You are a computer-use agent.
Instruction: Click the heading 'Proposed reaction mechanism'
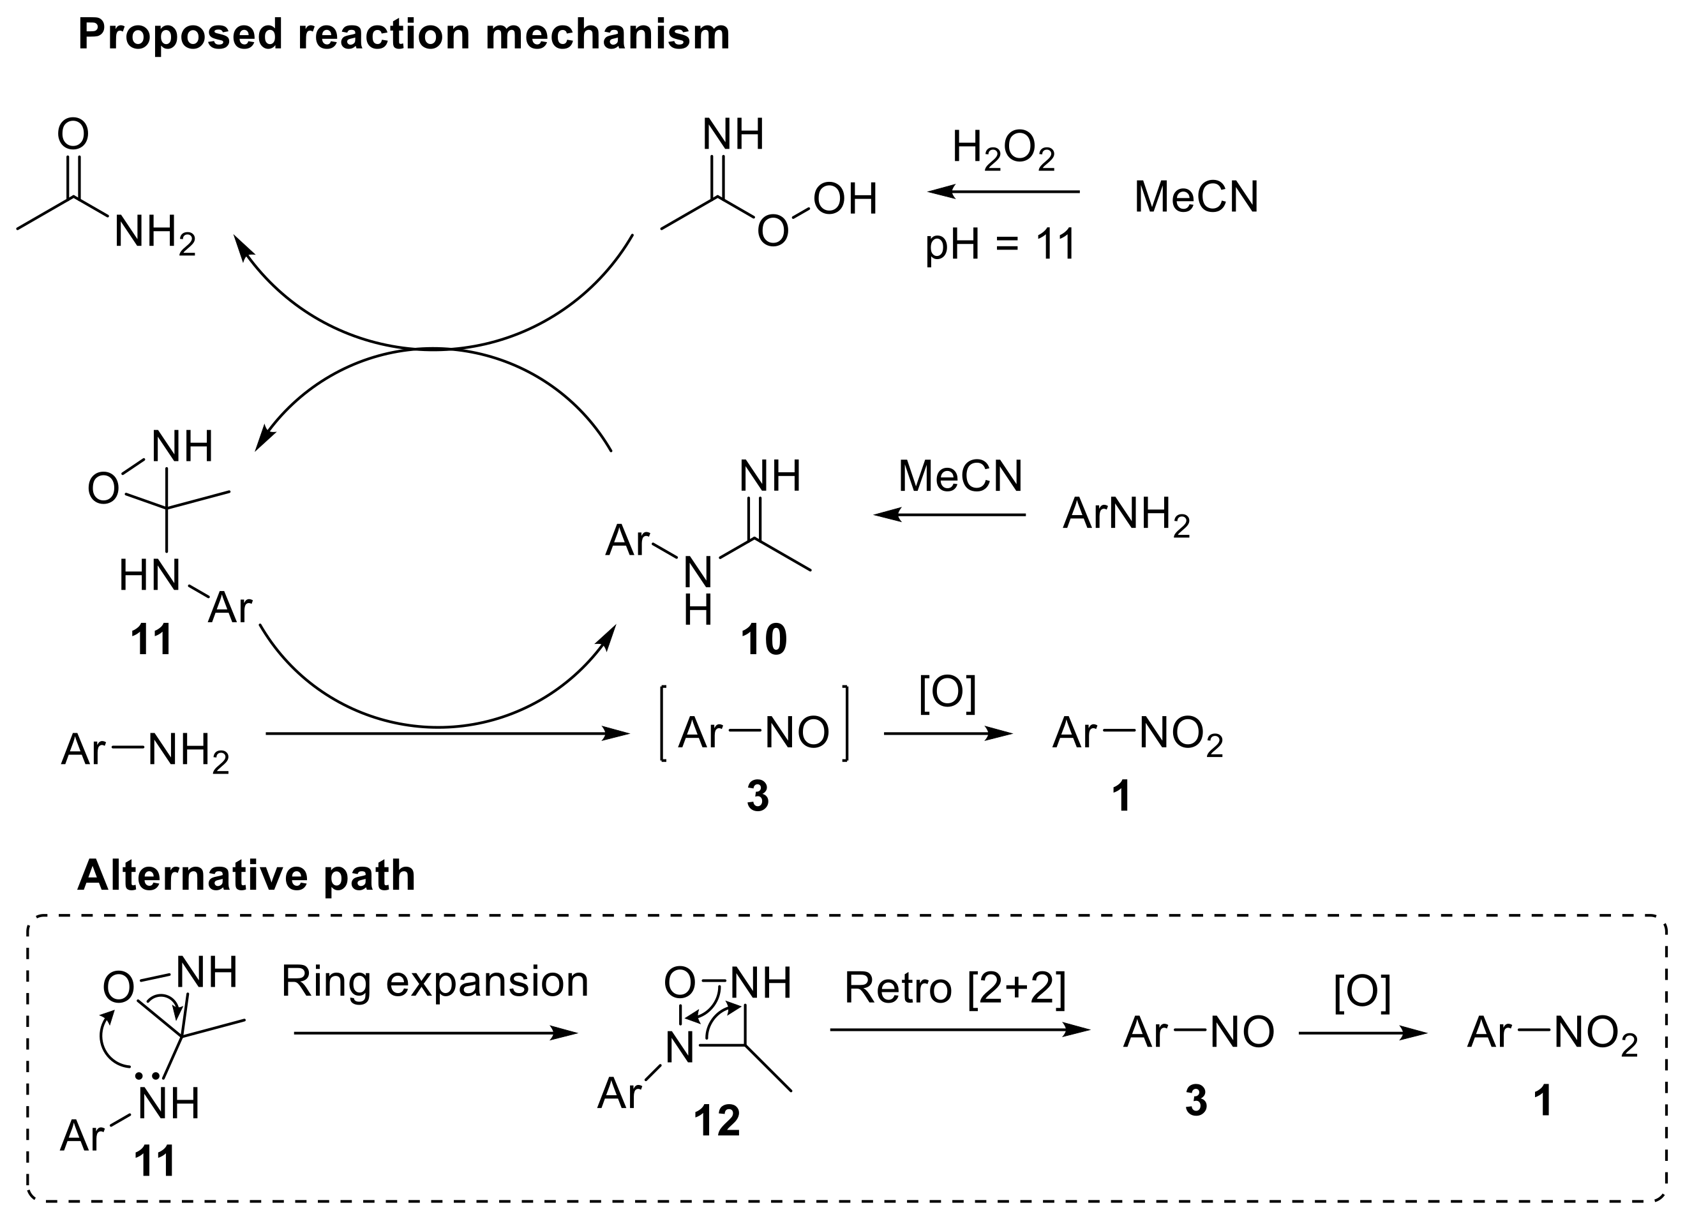(x=403, y=35)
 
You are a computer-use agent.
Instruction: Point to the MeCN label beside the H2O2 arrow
(x=1196, y=198)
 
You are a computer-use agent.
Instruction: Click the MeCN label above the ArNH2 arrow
(x=960, y=476)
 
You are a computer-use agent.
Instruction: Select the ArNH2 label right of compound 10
(x=1125, y=515)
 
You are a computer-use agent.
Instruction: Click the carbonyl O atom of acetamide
(x=73, y=135)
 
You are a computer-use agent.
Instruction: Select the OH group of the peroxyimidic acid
(x=844, y=199)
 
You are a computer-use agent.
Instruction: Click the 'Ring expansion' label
(x=435, y=982)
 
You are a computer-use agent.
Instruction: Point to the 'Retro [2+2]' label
(x=955, y=989)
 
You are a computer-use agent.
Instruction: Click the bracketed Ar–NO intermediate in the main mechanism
(x=753, y=733)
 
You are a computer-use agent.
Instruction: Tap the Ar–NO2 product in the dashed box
(x=1552, y=1033)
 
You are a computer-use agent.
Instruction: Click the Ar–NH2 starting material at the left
(x=145, y=749)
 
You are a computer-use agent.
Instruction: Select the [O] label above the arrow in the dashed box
(x=1362, y=992)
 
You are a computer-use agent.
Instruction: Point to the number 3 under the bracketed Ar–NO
(x=757, y=797)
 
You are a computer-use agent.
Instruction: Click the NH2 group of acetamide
(x=154, y=233)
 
